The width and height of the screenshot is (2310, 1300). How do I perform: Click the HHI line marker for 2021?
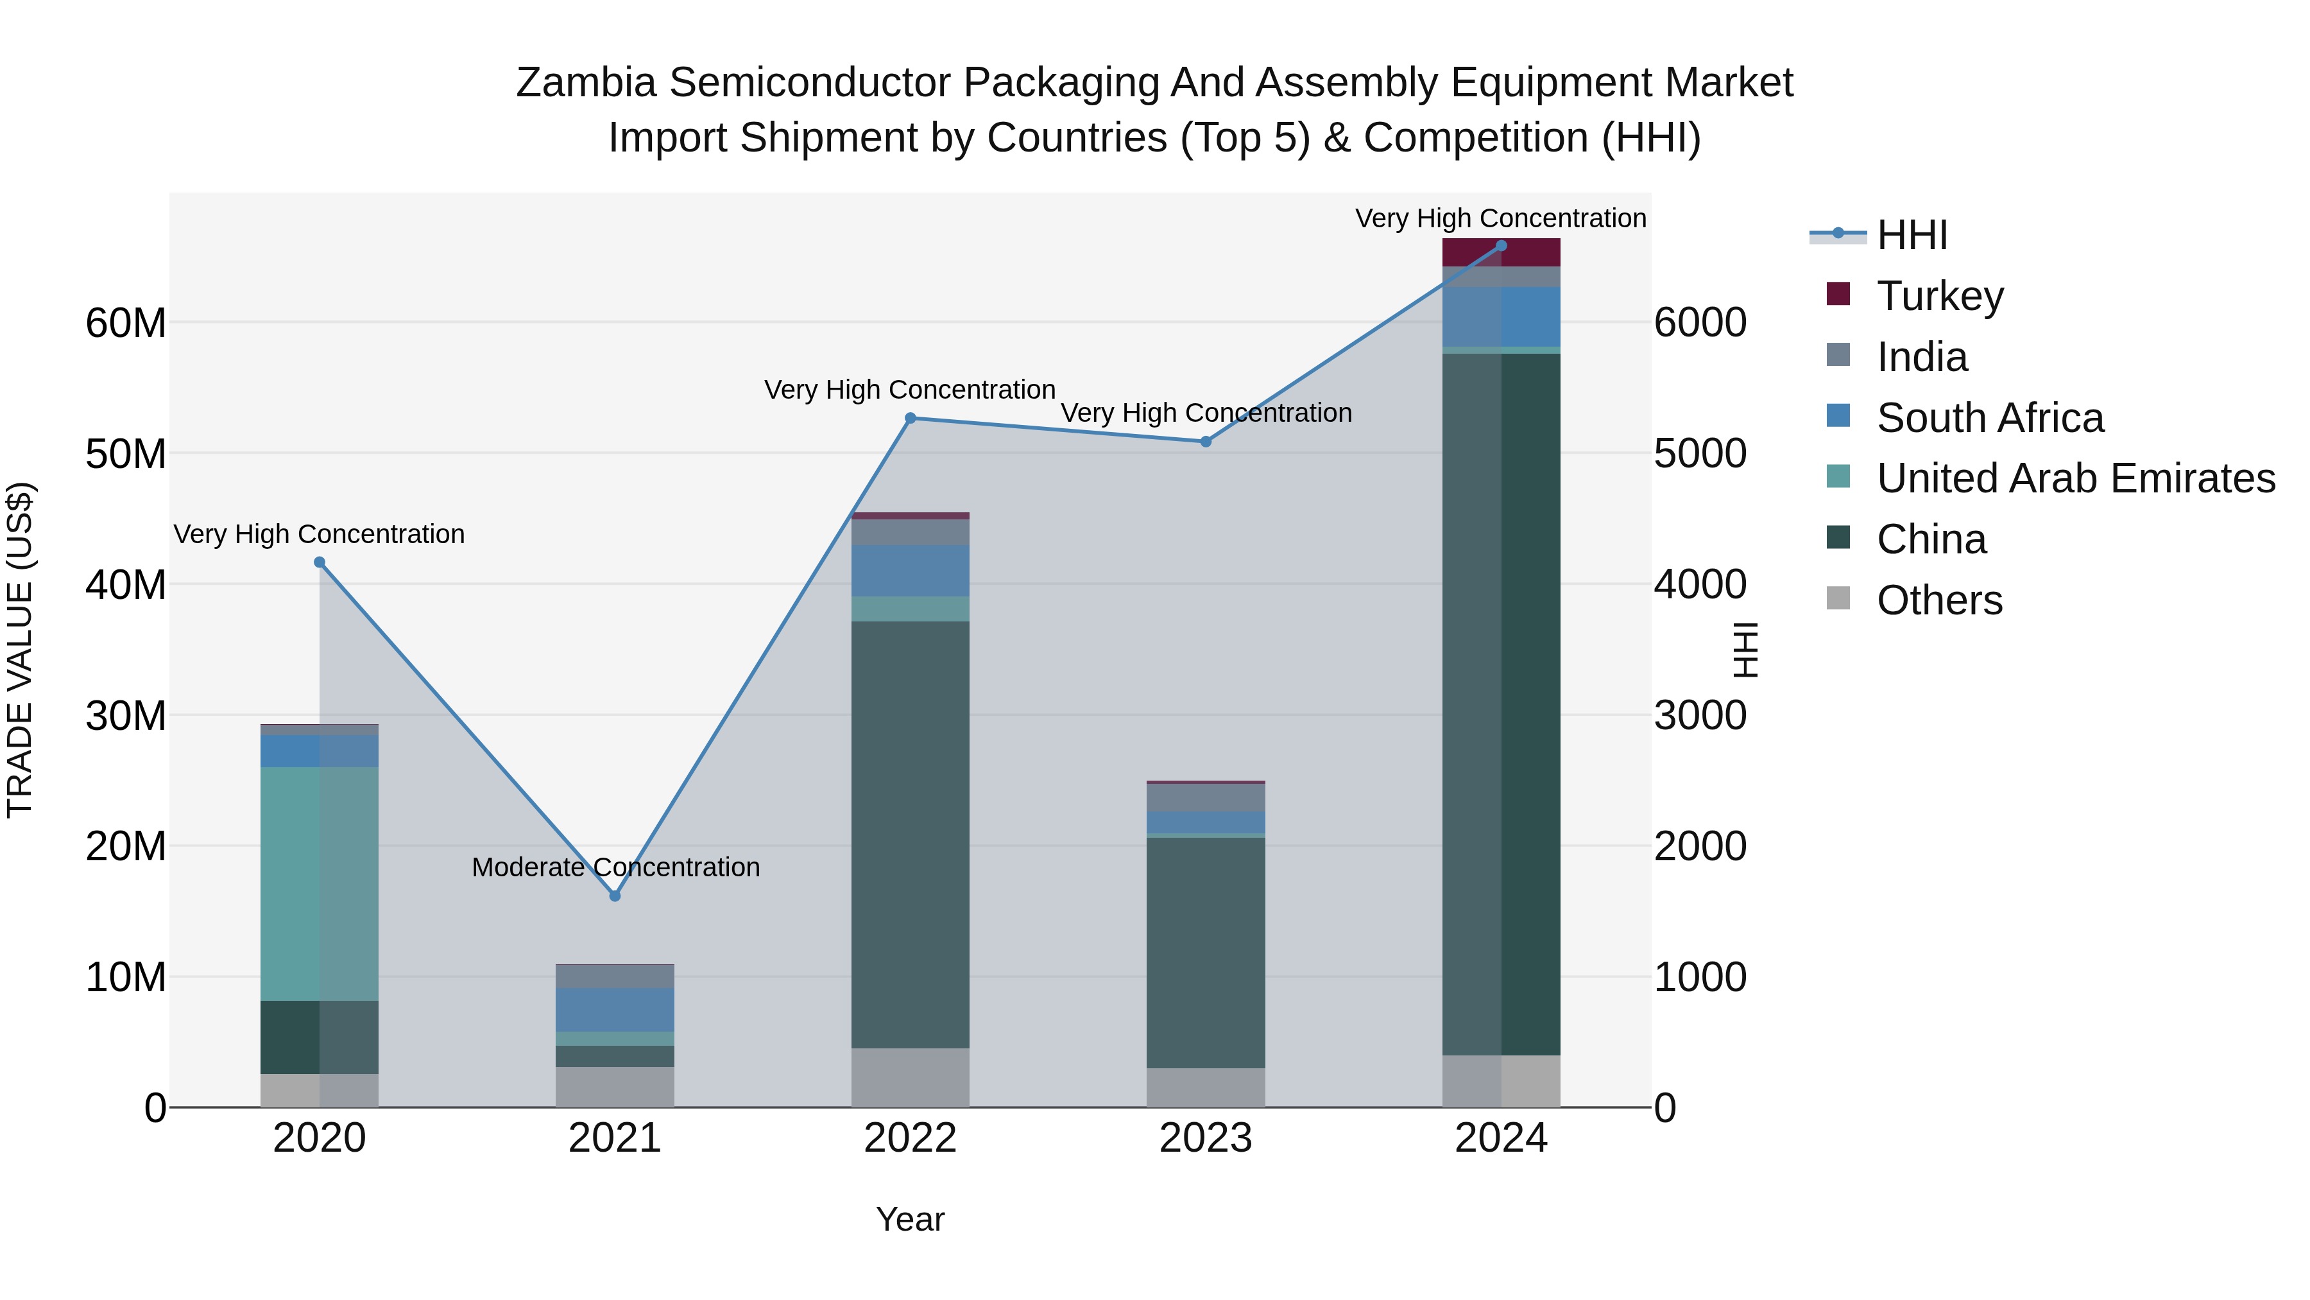615,896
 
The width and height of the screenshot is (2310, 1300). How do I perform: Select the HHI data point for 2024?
1501,246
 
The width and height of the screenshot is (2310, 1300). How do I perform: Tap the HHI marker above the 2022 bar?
910,418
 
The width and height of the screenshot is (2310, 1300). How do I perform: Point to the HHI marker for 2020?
320,562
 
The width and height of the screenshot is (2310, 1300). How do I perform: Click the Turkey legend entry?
1940,295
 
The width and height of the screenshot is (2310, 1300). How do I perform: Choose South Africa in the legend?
1990,417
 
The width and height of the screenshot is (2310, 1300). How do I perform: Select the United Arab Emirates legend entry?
2075,478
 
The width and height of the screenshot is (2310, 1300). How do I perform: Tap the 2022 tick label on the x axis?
910,1138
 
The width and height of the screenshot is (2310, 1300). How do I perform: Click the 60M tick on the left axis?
126,323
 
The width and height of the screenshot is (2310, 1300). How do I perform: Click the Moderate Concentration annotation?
615,867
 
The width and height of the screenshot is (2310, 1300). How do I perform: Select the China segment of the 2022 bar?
910,835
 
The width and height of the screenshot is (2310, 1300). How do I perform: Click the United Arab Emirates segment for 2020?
320,884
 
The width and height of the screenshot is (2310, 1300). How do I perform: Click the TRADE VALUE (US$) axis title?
20,650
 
